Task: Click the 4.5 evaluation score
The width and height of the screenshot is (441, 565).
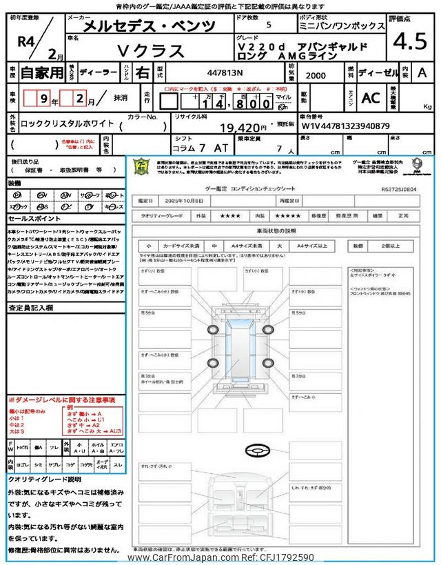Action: [x=410, y=43]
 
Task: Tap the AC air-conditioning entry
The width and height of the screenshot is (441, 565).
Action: [x=371, y=98]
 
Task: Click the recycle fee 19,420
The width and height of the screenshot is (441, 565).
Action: [x=243, y=128]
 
